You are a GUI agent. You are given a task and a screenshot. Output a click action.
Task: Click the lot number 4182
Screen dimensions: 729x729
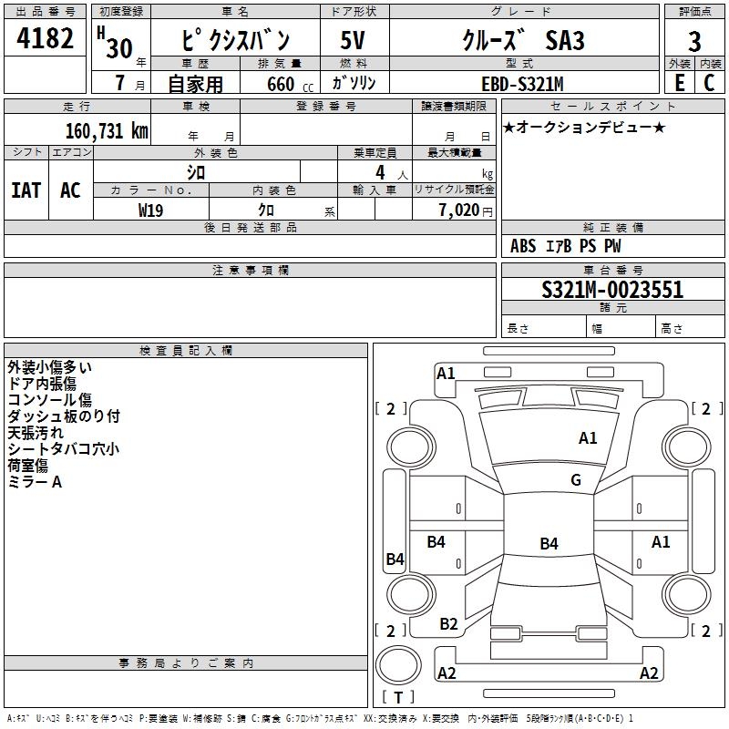pos(45,38)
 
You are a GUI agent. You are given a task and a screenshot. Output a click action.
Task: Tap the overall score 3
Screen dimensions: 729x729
pos(694,41)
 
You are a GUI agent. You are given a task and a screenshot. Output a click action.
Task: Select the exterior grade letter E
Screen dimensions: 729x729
pos(679,83)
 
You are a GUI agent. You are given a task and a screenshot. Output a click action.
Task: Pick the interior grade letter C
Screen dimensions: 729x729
pos(709,83)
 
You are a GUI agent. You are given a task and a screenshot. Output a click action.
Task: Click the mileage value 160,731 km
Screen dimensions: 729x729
pos(107,131)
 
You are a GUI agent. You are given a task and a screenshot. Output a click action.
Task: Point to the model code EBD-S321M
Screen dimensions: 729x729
pos(522,84)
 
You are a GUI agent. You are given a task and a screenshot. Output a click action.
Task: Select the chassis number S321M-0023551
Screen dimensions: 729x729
pos(612,290)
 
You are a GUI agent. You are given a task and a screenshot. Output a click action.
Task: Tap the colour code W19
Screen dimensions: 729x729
pos(150,210)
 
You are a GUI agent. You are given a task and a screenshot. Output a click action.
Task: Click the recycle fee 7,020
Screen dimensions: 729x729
pos(459,210)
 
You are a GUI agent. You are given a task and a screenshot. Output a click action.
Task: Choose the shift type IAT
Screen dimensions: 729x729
pos(26,190)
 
